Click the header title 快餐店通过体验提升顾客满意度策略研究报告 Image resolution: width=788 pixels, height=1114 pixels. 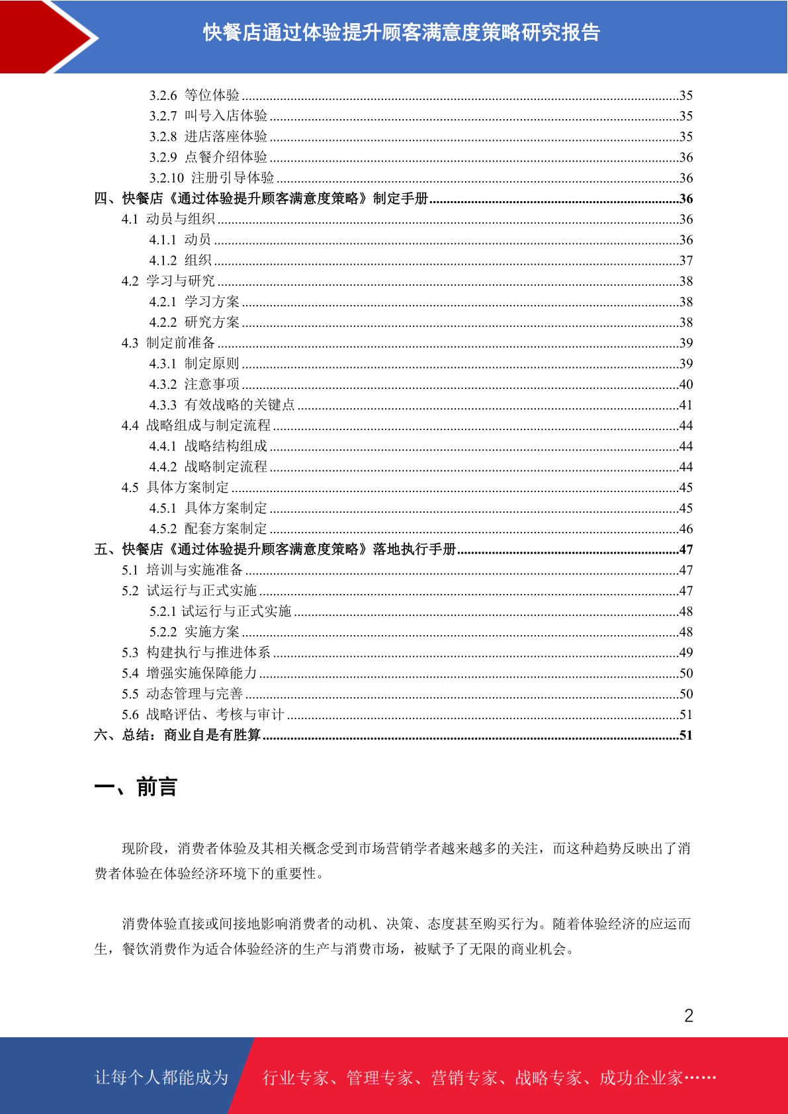401,32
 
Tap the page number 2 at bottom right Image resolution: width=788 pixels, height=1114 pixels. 688,1015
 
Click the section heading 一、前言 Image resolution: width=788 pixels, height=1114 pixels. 136,787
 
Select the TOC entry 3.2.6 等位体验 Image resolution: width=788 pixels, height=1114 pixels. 195,95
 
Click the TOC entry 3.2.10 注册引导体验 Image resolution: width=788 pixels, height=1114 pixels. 212,178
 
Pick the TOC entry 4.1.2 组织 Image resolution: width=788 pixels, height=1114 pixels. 180,261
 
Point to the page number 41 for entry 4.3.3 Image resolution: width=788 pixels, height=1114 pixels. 685,405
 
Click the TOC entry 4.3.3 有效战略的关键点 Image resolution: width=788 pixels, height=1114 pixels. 222,405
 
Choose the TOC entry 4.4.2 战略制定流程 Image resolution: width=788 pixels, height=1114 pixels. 208,467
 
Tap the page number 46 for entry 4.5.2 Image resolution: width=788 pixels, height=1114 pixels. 685,529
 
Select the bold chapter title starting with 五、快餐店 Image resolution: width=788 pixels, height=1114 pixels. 275,550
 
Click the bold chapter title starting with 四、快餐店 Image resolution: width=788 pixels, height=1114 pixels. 261,198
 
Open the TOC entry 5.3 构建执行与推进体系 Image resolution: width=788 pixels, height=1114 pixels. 196,653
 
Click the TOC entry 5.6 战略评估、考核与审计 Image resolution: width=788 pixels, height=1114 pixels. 202,714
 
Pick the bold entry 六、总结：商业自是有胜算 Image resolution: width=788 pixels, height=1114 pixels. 177,735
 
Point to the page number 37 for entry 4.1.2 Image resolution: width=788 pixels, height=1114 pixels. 685,261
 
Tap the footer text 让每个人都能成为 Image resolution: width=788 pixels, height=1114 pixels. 161,1078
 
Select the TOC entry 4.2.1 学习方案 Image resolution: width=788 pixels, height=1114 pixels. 195,302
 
